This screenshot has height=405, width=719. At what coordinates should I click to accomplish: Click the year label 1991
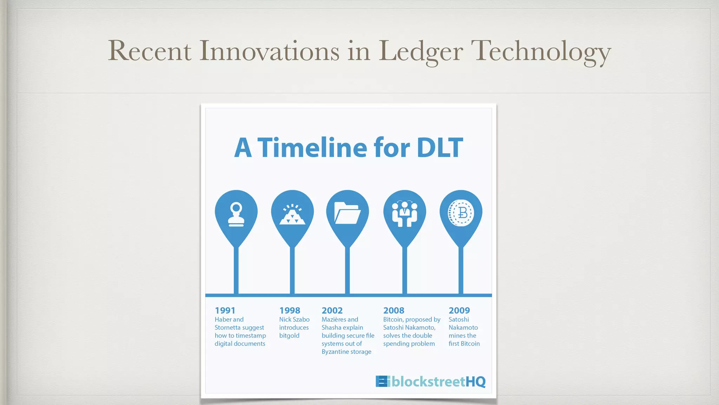click(225, 310)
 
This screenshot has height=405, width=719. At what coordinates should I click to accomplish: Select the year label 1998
click(290, 310)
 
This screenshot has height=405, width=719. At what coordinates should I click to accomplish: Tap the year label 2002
click(332, 310)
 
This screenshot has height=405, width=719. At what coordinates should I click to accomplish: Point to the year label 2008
click(394, 310)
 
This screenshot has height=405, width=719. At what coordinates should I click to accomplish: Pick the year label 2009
click(459, 310)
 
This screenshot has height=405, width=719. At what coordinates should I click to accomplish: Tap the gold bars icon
click(292, 214)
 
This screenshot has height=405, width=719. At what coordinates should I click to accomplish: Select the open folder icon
click(347, 213)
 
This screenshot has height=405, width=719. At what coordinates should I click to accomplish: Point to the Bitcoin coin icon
click(461, 213)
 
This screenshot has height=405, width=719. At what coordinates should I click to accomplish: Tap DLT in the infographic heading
click(440, 148)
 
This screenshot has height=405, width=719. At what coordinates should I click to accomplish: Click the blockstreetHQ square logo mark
click(382, 381)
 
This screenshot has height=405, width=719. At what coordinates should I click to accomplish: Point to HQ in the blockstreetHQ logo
click(475, 381)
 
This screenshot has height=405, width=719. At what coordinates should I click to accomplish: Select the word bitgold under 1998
click(289, 336)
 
